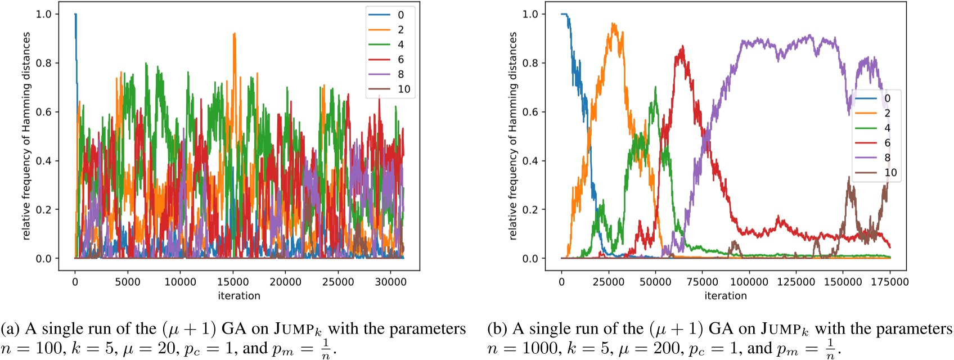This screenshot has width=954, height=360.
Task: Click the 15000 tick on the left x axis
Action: (233, 282)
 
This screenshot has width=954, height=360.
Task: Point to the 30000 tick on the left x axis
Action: (390, 282)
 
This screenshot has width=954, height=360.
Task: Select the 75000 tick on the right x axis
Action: (702, 282)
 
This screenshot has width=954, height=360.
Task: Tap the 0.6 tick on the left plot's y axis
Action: (44, 112)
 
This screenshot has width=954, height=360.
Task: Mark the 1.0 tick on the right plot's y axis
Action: (530, 14)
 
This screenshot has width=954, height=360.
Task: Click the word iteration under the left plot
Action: (239, 295)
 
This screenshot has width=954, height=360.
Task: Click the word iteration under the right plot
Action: (726, 295)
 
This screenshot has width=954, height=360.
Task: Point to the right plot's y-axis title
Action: (512, 136)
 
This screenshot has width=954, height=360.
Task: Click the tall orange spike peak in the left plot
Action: (234, 34)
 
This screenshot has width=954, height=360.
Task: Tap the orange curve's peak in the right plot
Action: (613, 24)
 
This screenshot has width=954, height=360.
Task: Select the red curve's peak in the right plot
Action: (682, 47)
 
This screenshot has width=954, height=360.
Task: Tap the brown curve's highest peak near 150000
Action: (849, 178)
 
